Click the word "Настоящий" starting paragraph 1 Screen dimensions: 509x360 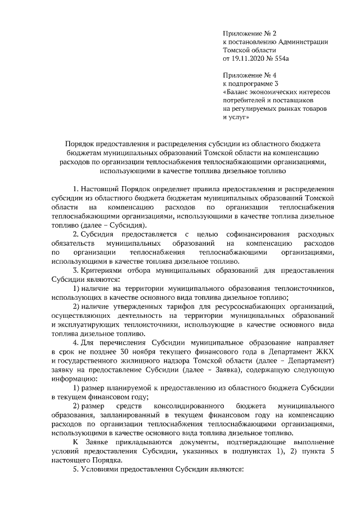[x=100, y=188]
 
